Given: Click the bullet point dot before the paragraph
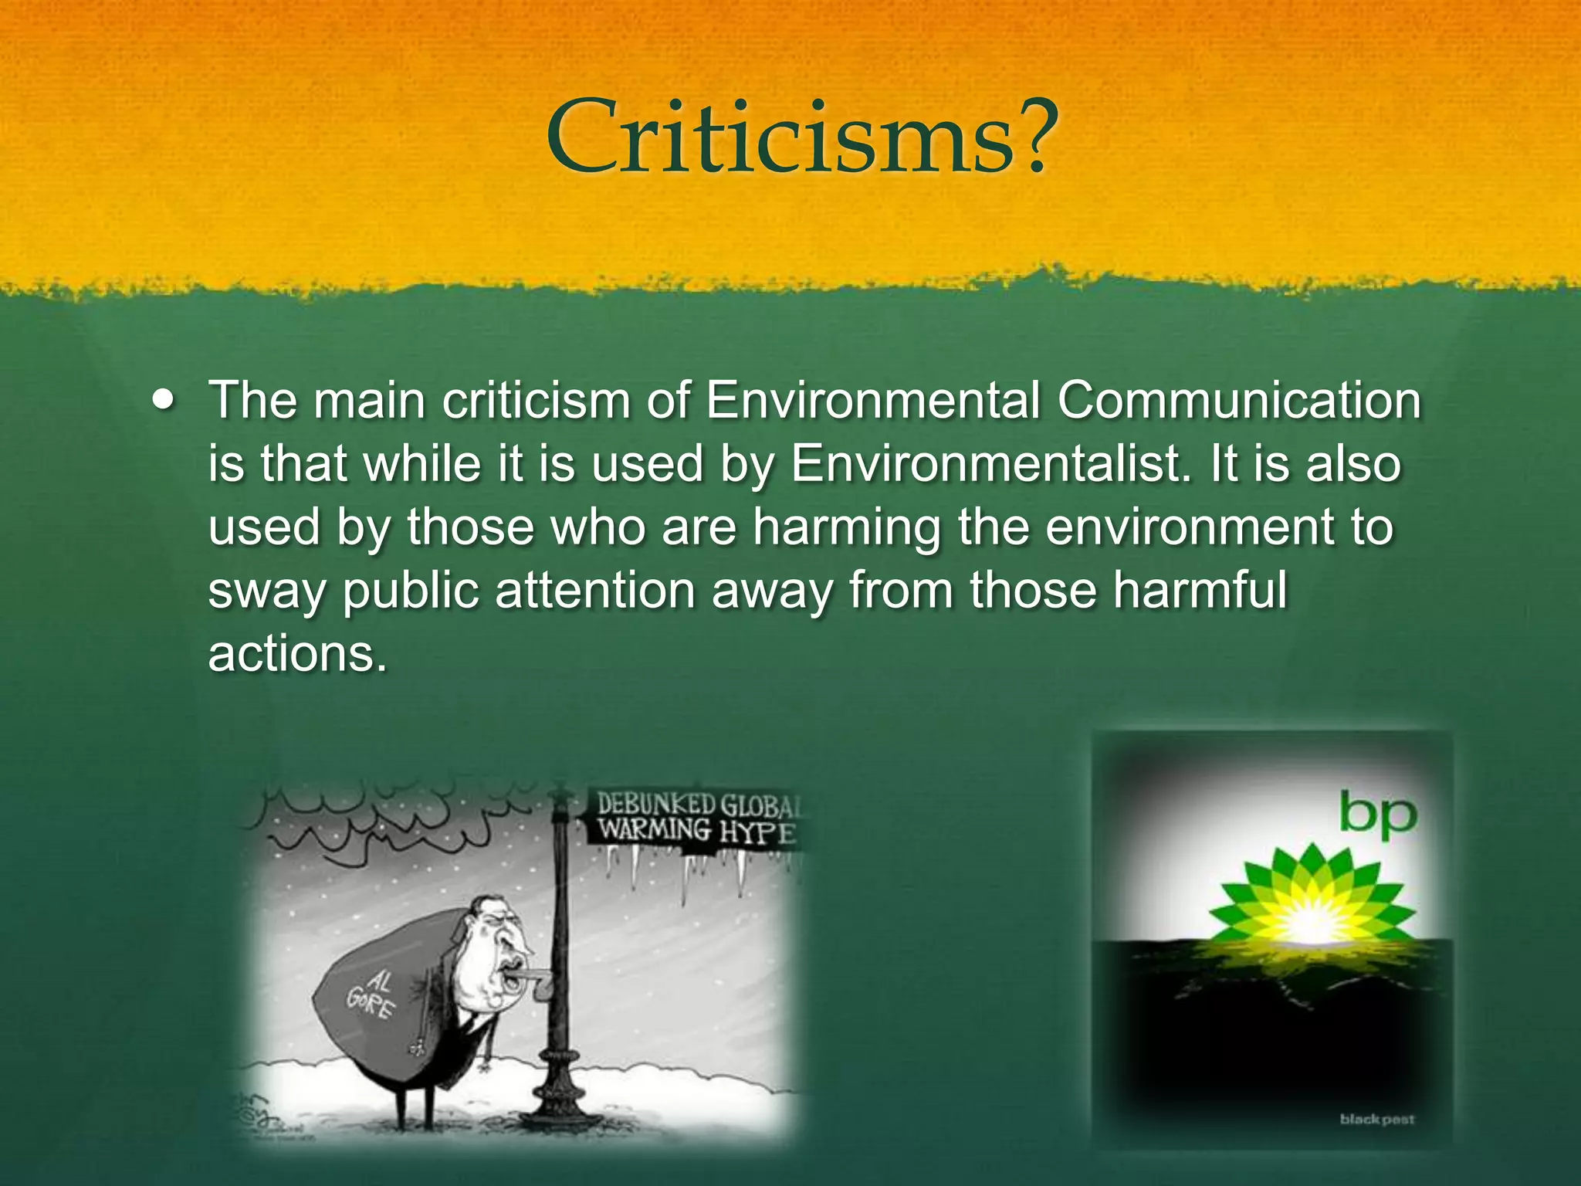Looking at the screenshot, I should [x=164, y=402].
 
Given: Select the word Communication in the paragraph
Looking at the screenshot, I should [x=1239, y=402].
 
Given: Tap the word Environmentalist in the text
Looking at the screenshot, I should [x=987, y=465].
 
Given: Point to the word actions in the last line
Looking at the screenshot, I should [x=296, y=655].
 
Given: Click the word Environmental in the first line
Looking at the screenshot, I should [x=872, y=402].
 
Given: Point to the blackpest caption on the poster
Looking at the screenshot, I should [x=1376, y=1119].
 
